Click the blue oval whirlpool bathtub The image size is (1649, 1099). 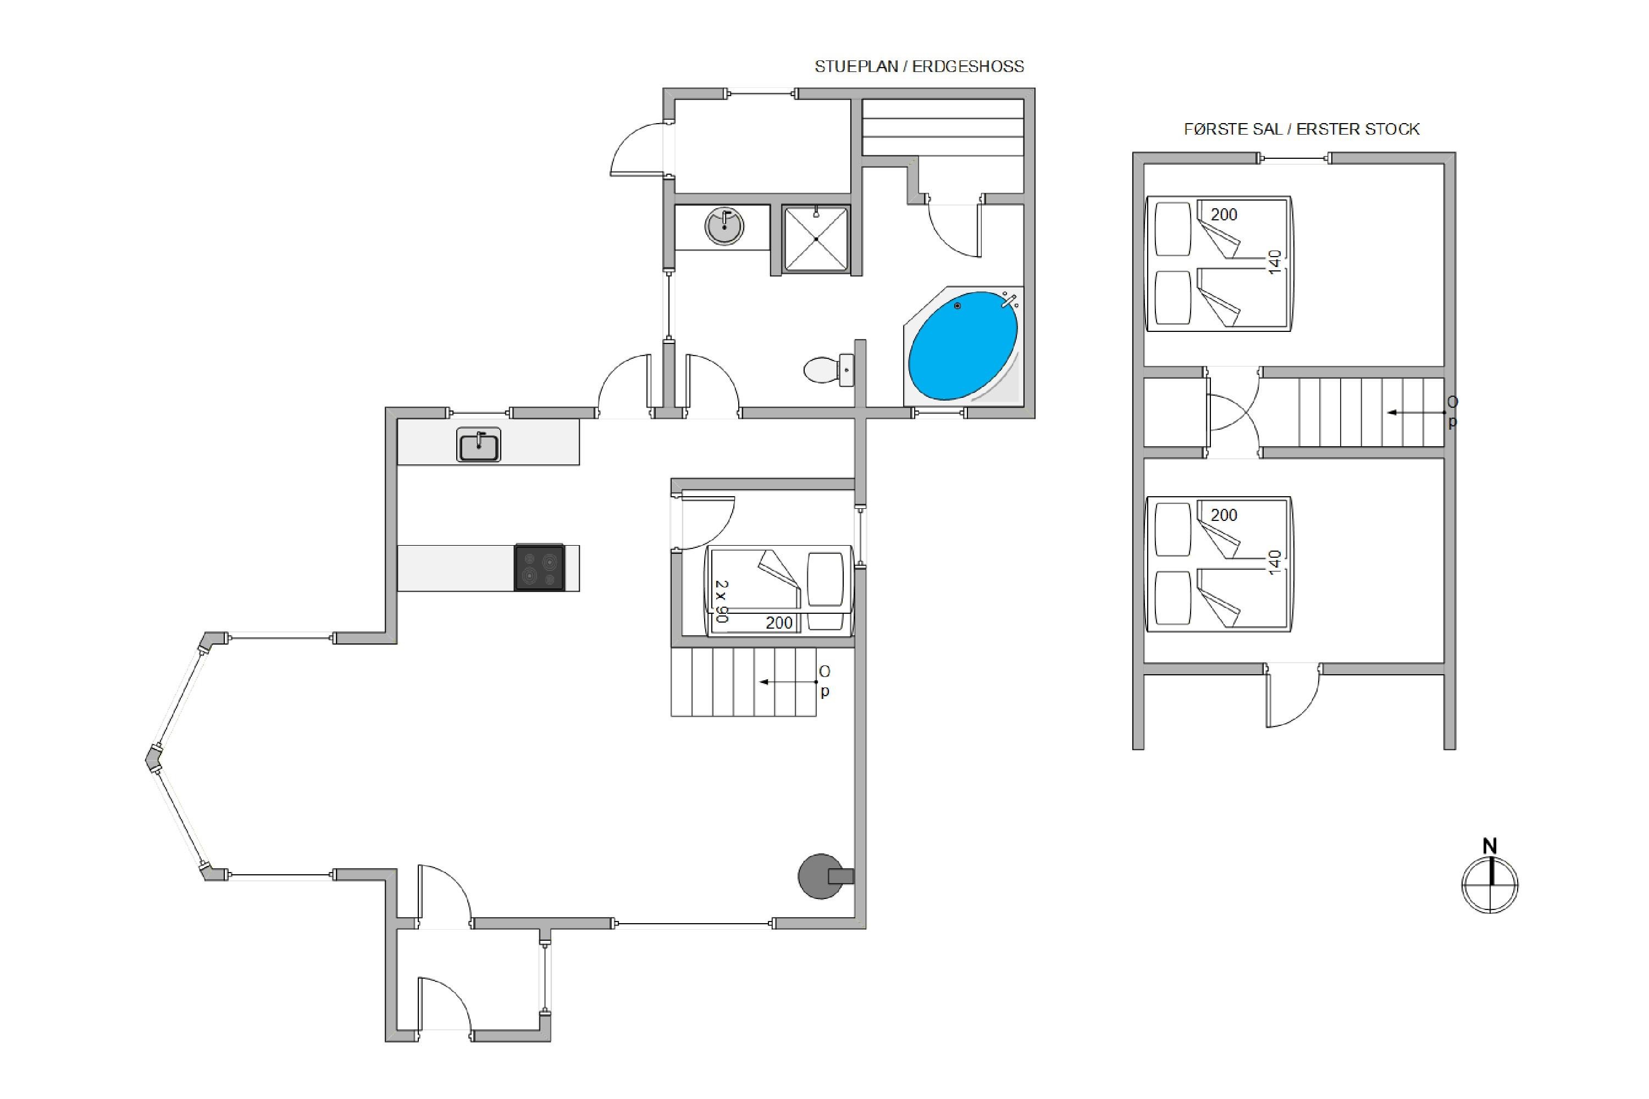962,346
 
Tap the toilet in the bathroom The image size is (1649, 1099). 829,369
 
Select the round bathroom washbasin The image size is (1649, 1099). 724,226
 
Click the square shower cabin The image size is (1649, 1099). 816,238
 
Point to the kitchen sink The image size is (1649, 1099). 479,445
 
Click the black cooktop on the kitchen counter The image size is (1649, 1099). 540,568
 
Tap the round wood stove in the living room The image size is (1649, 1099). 822,876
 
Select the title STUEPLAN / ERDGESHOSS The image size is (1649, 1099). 919,66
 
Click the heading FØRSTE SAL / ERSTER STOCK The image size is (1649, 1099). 1302,129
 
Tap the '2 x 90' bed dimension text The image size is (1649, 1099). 721,601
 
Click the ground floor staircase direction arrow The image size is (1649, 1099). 789,682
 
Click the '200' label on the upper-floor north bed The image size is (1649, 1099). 1224,214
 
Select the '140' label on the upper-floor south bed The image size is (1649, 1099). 1275,562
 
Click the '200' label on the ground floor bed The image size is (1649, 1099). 779,623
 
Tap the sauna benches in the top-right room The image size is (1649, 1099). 943,127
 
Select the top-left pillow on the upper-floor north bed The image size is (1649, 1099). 1173,229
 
